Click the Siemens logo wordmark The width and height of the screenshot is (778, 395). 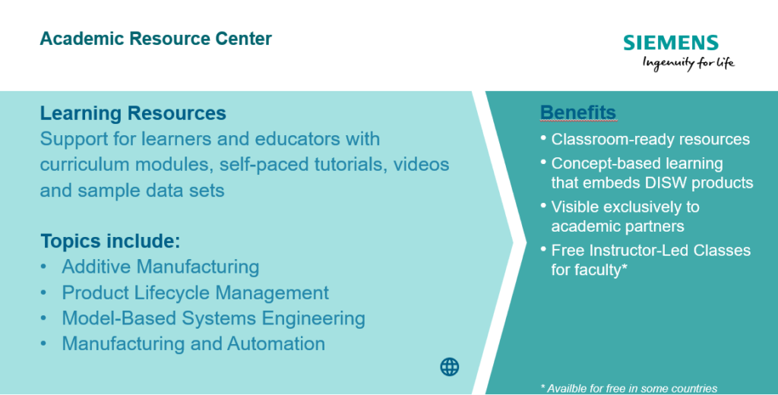click(671, 43)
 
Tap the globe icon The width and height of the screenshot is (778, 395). click(450, 367)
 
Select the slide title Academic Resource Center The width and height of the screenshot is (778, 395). click(156, 39)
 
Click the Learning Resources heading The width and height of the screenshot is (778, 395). click(133, 113)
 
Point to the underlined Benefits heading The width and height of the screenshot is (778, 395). click(578, 112)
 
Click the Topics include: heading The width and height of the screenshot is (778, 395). click(110, 241)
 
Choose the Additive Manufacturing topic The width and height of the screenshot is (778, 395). click(160, 267)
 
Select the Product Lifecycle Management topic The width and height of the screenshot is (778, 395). click(195, 292)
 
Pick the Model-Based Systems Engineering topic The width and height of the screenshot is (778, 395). click(213, 318)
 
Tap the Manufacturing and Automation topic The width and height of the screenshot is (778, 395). click(194, 344)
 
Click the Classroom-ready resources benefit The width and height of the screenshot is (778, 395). click(650, 140)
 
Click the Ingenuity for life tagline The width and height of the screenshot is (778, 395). click(688, 64)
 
